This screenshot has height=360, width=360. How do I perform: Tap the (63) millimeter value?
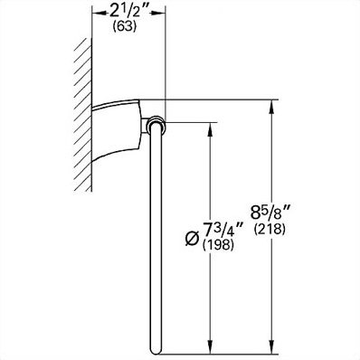(x=125, y=27)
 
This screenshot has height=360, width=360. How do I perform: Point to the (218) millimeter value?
(x=270, y=230)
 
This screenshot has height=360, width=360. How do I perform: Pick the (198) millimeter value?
(x=219, y=245)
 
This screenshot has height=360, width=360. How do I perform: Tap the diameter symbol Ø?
(x=193, y=239)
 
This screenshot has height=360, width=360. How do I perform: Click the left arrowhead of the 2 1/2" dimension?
(x=98, y=13)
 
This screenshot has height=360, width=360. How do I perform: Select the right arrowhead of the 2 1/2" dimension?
(x=159, y=13)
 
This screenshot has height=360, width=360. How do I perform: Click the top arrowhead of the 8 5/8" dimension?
(x=271, y=106)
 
